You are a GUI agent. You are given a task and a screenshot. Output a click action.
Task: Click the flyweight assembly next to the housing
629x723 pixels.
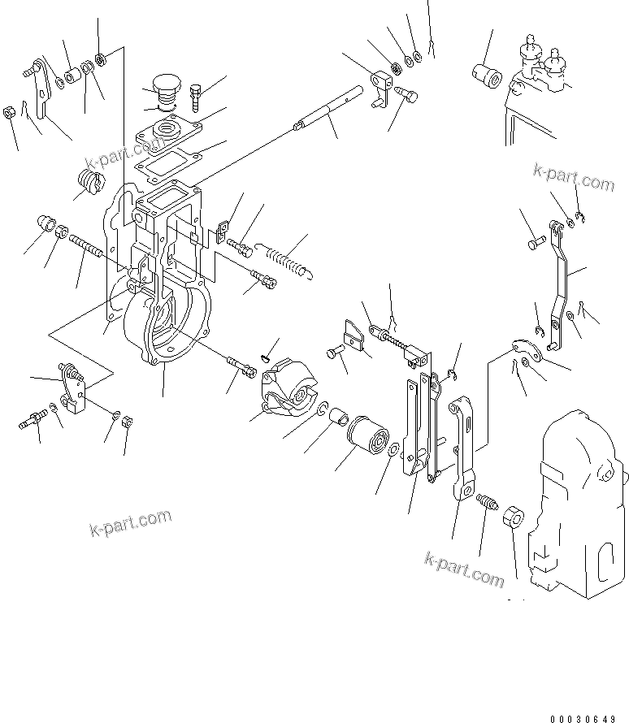point(285,387)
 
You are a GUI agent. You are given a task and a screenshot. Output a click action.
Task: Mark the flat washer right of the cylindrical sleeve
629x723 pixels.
point(393,452)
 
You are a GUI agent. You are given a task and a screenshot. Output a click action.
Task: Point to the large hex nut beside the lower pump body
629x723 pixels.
point(514,516)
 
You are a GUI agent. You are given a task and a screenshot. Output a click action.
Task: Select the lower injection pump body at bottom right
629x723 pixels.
point(576,504)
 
